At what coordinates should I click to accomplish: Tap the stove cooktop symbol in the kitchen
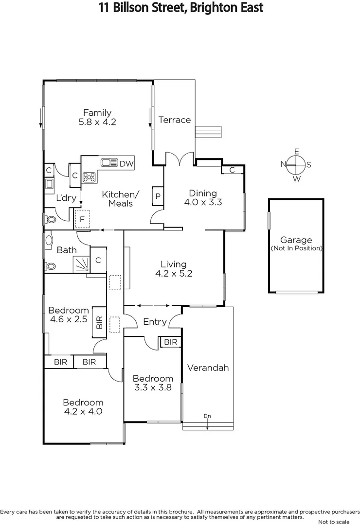tap(89, 177)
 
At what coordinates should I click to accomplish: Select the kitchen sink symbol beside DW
tap(109, 163)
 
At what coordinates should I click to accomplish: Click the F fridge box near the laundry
tap(82, 219)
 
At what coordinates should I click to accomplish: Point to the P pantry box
tap(158, 196)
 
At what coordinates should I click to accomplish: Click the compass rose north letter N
tap(283, 164)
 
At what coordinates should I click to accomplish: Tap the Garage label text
tap(296, 240)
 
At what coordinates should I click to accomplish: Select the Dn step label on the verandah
tap(207, 416)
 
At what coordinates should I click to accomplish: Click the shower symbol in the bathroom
tap(81, 264)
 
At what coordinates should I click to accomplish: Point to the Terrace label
tap(175, 120)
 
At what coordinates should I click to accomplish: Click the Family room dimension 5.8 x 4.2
tap(97, 122)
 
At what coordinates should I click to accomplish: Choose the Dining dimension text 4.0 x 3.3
tap(203, 202)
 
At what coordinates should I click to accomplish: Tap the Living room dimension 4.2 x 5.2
tap(174, 274)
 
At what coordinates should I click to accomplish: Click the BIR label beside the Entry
tap(171, 342)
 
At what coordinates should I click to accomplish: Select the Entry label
tap(155, 322)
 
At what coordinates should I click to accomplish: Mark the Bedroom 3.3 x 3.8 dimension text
tap(153, 388)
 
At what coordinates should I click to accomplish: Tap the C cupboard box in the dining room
tap(232, 170)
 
